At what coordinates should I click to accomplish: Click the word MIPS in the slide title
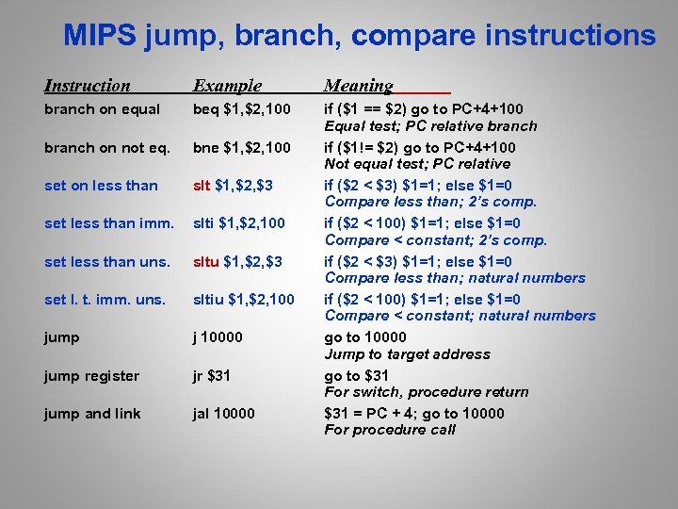coord(100,36)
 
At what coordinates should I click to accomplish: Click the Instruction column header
coord(88,86)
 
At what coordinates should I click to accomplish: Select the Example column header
coord(227,86)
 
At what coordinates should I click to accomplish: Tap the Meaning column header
coord(359,86)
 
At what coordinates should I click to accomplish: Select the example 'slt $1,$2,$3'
coord(233,186)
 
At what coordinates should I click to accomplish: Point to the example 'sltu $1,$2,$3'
coord(237,261)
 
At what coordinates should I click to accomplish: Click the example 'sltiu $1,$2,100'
coord(243,300)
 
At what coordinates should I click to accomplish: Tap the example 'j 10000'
coord(218,337)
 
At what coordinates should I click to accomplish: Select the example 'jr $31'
coord(213,376)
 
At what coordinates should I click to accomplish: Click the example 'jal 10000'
coord(224,414)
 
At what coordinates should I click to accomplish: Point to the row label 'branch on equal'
coord(103,109)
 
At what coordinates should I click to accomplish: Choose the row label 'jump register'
coord(91,376)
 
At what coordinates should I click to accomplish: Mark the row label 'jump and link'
coord(92,414)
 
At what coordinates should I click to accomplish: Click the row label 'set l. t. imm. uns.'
coord(105,300)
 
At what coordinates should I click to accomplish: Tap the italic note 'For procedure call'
coord(390,430)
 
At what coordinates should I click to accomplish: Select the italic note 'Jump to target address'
coord(407,354)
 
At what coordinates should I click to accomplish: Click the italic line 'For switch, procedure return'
coord(427,392)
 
